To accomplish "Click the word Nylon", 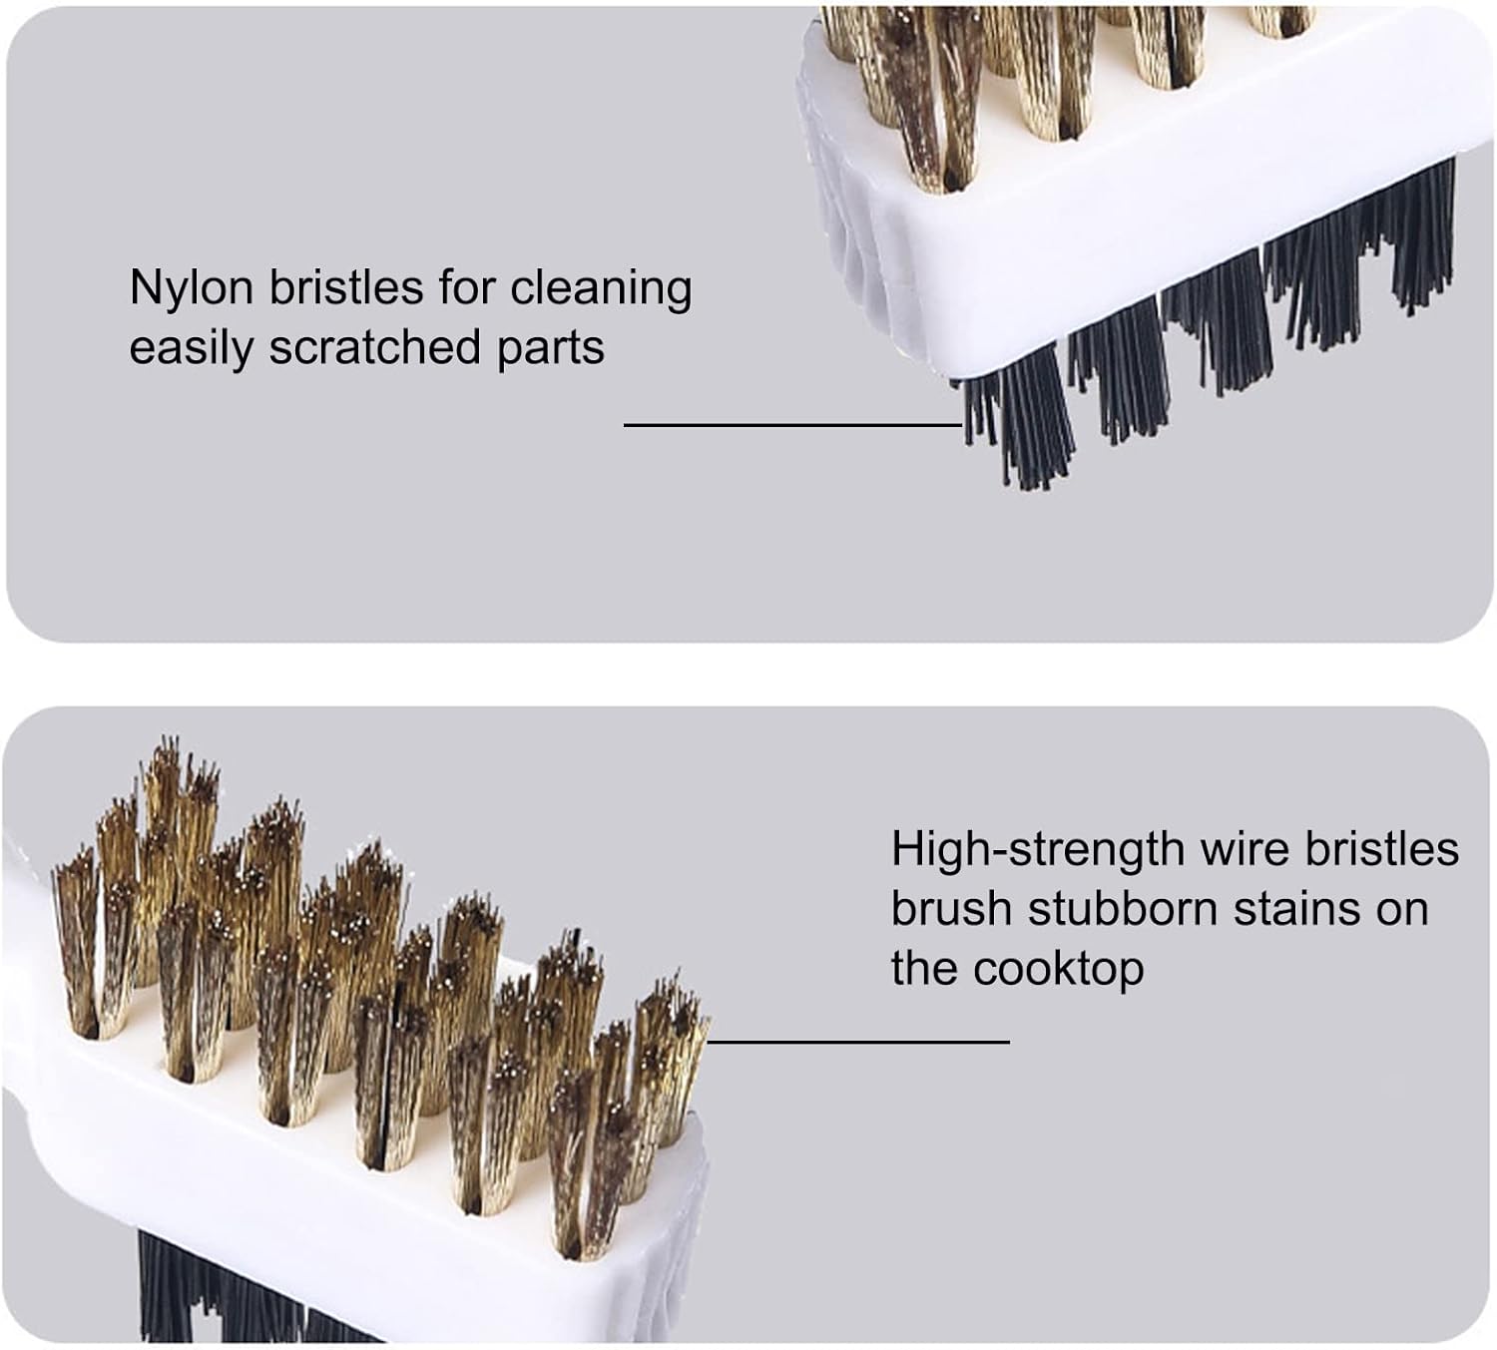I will pos(191,289).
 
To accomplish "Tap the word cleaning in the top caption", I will pos(601,289).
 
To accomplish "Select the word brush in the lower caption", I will pos(952,910).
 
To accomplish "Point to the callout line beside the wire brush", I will pos(858,1042).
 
